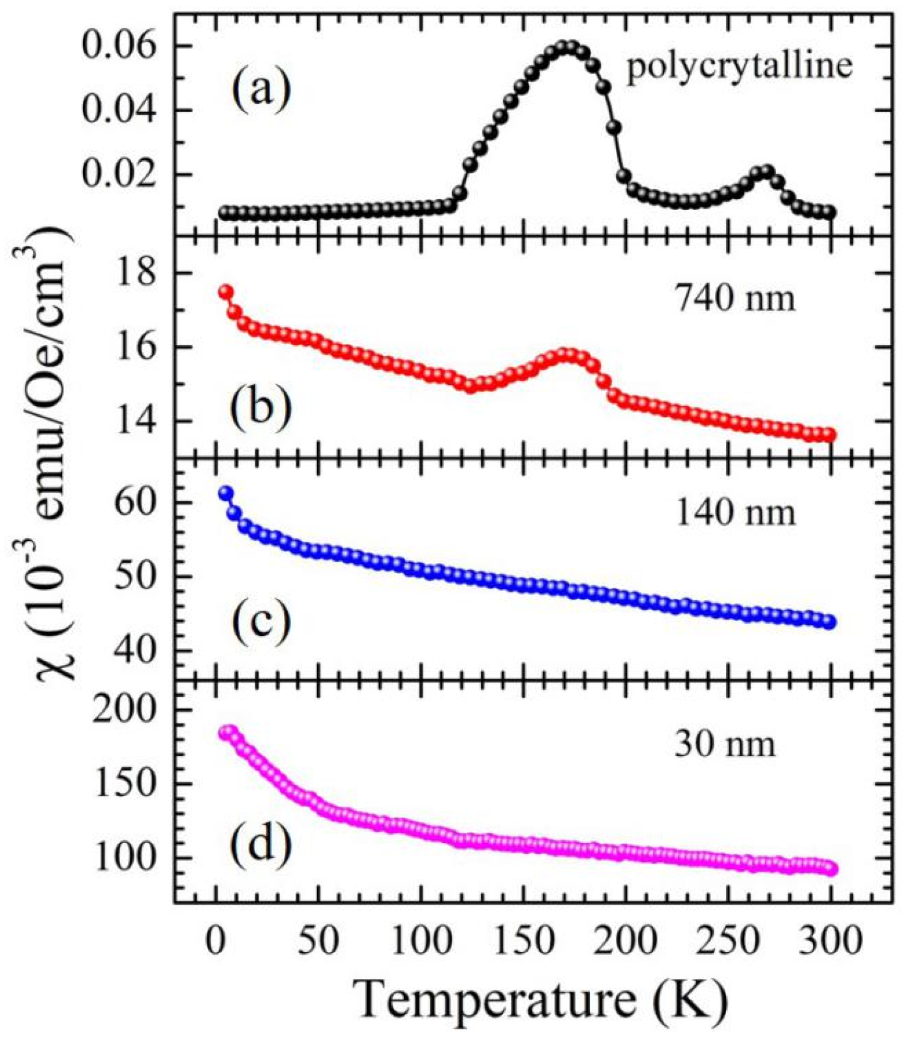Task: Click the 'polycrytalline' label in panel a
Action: click(739, 67)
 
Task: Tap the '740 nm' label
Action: click(735, 299)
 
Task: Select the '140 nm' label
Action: click(735, 513)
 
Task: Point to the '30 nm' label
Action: click(725, 744)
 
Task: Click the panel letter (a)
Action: click(260, 91)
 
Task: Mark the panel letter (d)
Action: click(260, 846)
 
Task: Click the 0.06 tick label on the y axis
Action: click(119, 47)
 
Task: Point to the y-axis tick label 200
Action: click(125, 709)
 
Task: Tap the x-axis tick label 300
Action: click(831, 941)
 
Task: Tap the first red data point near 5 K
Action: click(226, 292)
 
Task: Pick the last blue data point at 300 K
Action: click(829, 622)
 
